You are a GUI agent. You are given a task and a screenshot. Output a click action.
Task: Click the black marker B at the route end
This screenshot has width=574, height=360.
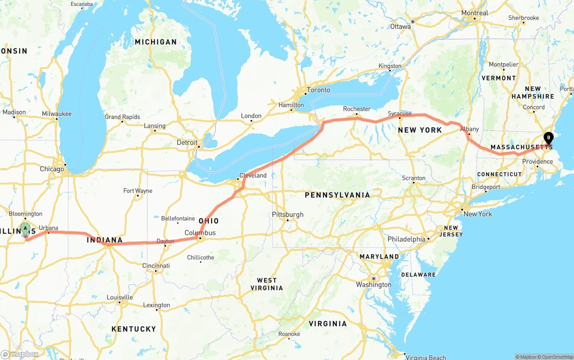548,138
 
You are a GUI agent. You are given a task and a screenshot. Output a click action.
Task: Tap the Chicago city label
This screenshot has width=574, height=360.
52,169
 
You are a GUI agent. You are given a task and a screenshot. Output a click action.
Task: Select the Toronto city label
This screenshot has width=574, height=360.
318,90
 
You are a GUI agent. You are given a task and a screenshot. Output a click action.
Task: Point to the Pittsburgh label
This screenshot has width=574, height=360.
287,215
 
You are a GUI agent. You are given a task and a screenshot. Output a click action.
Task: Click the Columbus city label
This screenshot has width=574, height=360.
200,233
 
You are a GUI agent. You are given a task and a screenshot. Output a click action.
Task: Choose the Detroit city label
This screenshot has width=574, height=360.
187,143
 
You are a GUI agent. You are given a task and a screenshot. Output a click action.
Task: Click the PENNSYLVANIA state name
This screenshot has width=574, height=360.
337,195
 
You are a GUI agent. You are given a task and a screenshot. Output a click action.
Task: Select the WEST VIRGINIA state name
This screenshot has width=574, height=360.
267,284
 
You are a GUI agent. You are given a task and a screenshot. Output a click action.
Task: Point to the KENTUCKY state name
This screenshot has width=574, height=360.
134,329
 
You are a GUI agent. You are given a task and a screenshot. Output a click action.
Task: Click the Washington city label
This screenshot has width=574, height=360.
374,285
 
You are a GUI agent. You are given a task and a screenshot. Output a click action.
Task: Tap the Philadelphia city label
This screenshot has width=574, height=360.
406,239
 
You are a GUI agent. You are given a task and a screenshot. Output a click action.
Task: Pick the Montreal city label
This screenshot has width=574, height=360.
474,13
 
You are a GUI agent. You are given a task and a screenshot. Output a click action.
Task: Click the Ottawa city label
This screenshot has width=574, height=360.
400,26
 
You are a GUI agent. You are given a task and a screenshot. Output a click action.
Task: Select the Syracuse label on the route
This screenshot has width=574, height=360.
400,114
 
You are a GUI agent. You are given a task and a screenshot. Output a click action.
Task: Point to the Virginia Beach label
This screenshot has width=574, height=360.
426,357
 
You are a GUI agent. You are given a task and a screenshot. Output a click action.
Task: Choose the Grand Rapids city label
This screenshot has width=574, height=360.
122,117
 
